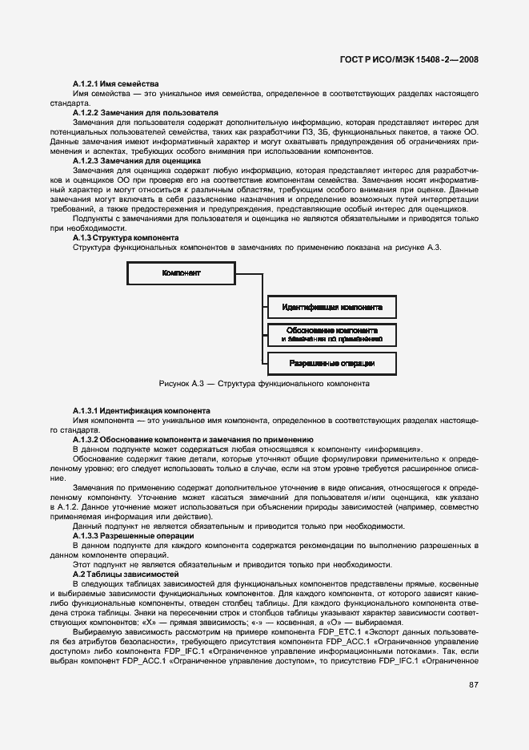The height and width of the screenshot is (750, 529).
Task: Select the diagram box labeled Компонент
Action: coord(181,273)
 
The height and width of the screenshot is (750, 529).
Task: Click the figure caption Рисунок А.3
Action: coord(264,384)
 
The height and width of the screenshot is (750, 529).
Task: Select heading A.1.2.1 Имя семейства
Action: coord(115,83)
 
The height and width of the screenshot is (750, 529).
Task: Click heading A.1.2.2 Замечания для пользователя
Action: coord(145,113)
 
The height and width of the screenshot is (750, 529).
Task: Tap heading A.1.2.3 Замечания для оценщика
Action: coord(137,161)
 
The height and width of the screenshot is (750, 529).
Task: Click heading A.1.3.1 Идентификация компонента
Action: coord(142,409)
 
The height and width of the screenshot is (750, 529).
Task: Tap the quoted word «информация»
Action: coord(395,449)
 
